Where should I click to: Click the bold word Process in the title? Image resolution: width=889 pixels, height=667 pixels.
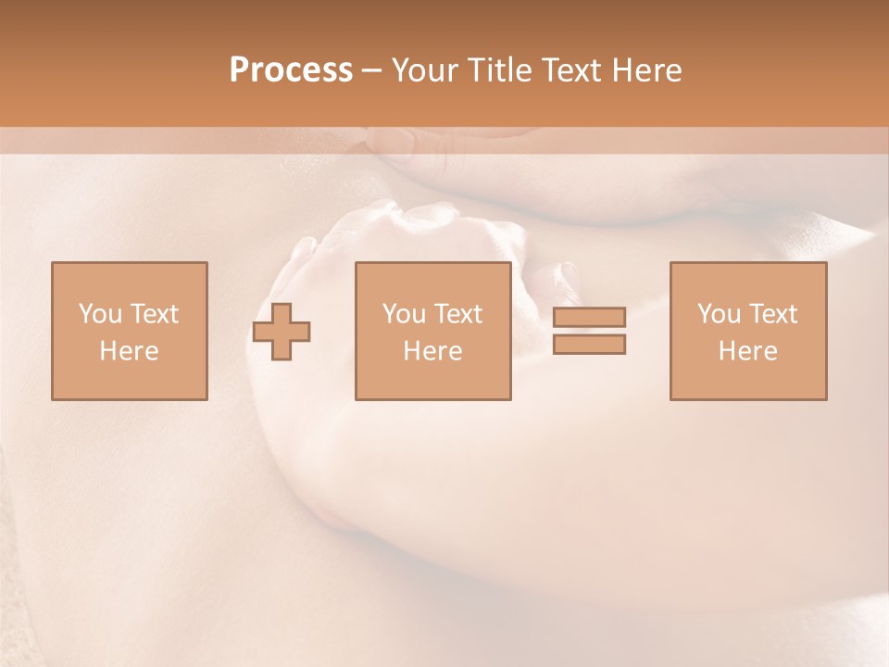tap(291, 70)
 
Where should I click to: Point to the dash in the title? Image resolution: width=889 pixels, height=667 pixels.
tap(372, 70)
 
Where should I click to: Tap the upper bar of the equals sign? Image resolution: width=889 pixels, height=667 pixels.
tap(589, 317)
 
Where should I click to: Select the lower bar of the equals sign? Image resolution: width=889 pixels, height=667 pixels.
tap(589, 344)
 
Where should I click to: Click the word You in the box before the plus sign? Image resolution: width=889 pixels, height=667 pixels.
tap(100, 314)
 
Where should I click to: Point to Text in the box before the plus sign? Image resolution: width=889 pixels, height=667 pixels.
tap(153, 314)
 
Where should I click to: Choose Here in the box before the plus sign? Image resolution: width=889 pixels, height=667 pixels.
tap(129, 351)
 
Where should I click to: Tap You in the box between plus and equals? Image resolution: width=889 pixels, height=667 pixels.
tap(404, 314)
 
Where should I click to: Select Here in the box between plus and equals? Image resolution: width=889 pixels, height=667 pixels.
tap(432, 351)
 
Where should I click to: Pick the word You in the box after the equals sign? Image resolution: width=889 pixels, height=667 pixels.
tap(719, 314)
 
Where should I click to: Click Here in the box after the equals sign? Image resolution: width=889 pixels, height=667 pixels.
tap(747, 351)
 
